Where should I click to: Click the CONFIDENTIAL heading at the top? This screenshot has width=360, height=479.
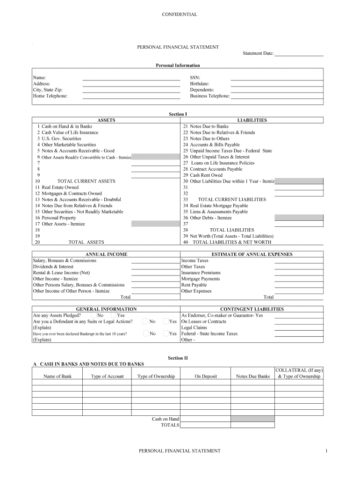pos(180,15)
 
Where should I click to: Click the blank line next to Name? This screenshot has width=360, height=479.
pos(131,78)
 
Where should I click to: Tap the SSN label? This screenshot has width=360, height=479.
pos(195,78)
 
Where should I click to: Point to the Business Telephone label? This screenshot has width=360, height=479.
pos(210,96)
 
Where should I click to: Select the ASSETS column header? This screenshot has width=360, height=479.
pos(106,120)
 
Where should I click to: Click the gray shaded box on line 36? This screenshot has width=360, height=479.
pos(299,218)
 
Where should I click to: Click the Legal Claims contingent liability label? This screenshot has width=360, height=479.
pos(194,327)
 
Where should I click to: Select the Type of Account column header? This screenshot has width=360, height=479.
pos(107,377)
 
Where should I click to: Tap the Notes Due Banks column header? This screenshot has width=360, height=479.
pos(253,377)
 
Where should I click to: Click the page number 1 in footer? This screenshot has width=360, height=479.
pos(327,451)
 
